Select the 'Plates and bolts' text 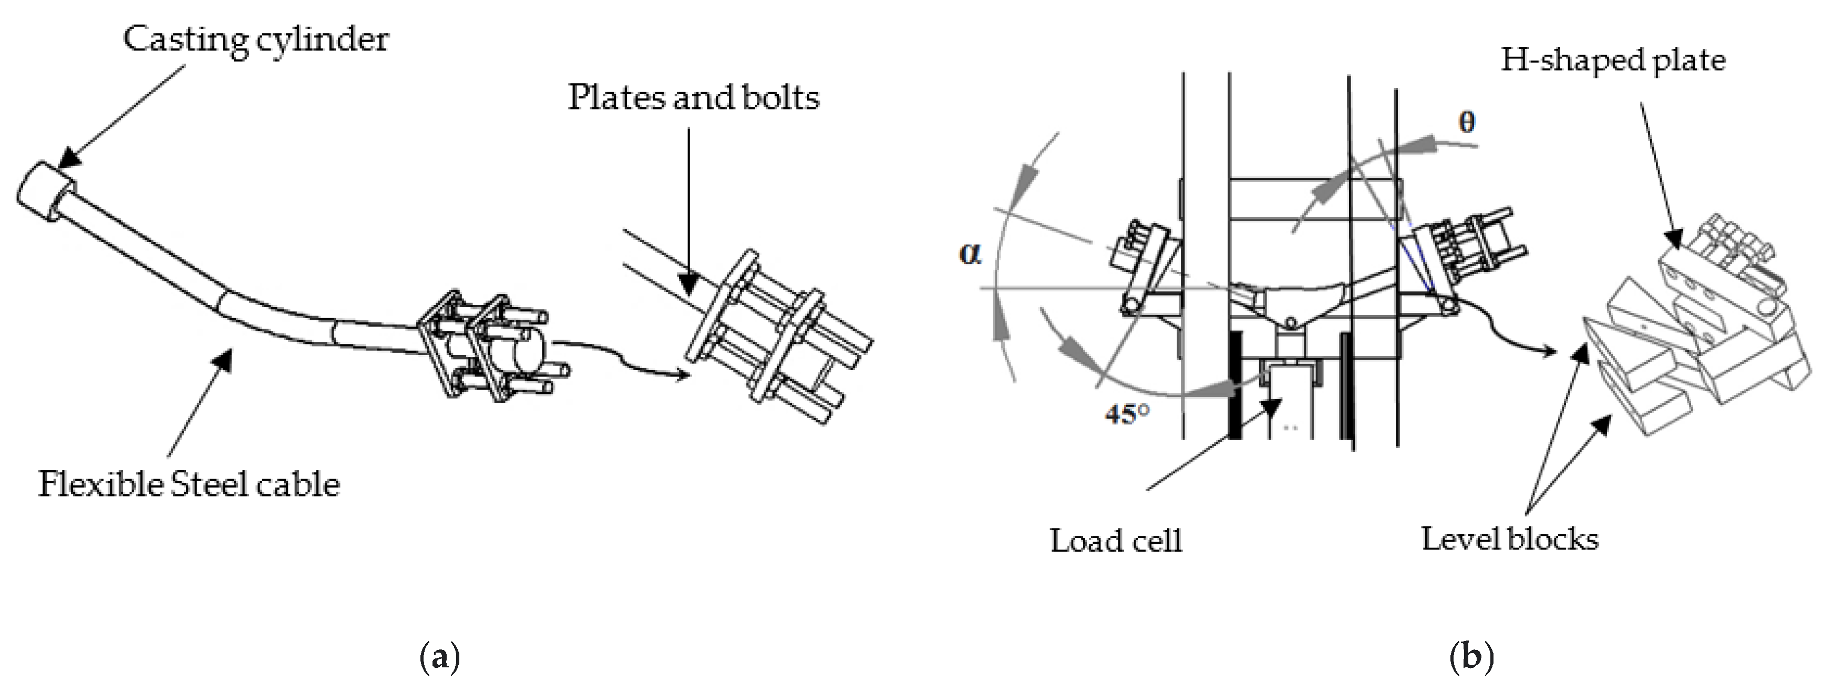point(694,98)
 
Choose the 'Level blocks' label point(1509,540)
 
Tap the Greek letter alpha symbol point(970,253)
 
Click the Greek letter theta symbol point(1467,123)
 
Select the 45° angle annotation point(1127,413)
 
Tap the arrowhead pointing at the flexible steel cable point(224,358)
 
